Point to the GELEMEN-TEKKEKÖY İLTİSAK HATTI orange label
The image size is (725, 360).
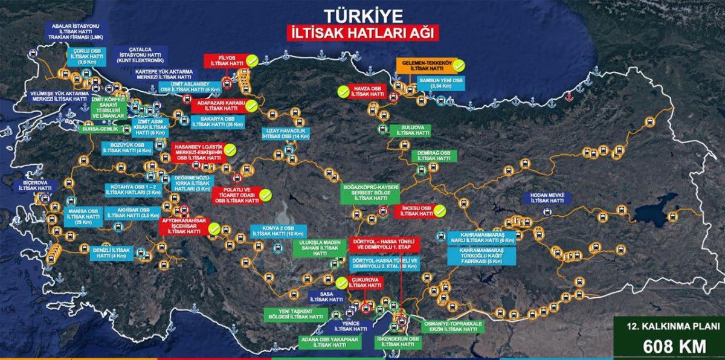[x=424, y=66]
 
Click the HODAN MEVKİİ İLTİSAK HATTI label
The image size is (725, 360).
[x=547, y=198]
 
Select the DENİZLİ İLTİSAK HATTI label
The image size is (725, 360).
[x=112, y=252]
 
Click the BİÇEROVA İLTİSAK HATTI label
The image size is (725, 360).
[x=34, y=185]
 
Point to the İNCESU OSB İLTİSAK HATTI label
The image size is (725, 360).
[x=414, y=211]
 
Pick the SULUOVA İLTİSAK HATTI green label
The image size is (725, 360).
[x=410, y=130]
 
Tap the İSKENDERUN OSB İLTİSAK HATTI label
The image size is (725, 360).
[x=397, y=342]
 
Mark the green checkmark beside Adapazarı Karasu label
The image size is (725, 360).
[x=251, y=105]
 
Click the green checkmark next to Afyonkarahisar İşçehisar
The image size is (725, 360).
[x=213, y=228]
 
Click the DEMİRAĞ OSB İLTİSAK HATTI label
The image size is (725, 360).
[x=430, y=156]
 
